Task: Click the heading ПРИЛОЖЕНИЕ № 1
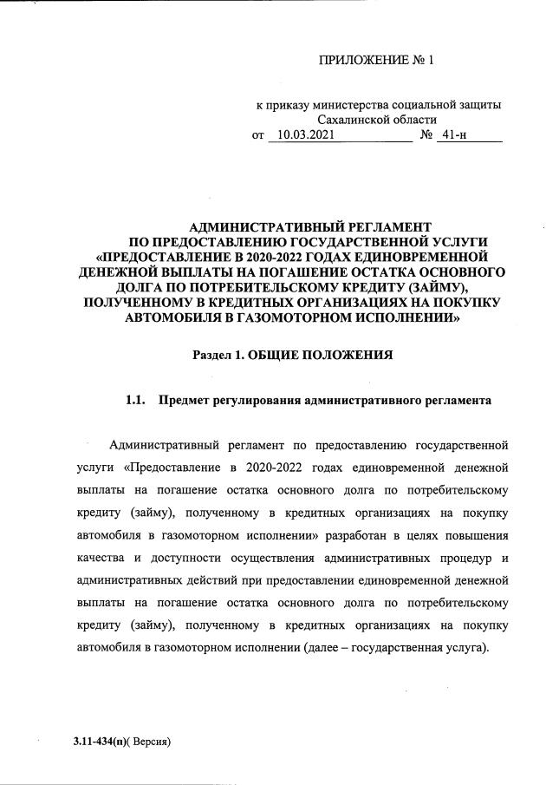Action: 375,61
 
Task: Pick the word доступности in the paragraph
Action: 176,556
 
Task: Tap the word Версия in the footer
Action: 152,742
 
